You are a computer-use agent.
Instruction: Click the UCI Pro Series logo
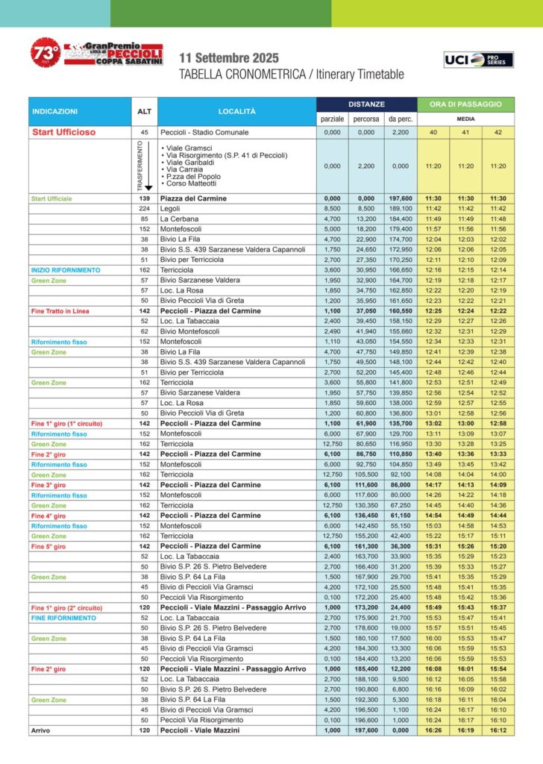tap(479, 60)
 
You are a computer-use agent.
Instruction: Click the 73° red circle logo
tap(44, 53)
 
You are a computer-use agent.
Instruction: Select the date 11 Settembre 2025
tap(229, 58)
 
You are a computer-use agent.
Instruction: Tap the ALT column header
tap(144, 111)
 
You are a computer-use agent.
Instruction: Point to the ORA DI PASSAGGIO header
tap(466, 104)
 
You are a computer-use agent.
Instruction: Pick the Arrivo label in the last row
tap(41, 730)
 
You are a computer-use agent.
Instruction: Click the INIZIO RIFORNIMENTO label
tap(66, 269)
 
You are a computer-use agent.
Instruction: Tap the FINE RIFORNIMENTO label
tap(63, 618)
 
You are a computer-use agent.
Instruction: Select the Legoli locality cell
tap(171, 209)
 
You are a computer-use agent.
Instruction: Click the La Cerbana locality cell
tap(178, 219)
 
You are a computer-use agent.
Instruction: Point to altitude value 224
tap(144, 209)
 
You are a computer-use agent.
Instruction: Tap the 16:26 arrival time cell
tap(433, 730)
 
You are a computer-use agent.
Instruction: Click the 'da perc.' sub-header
tap(400, 119)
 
